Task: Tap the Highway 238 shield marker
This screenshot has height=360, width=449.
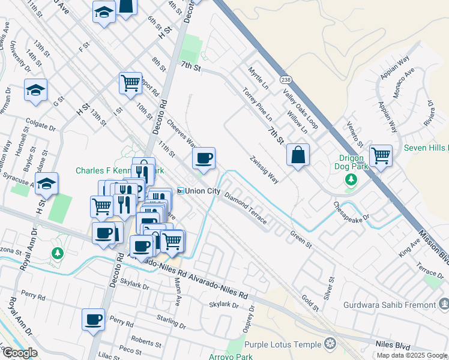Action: click(x=285, y=80)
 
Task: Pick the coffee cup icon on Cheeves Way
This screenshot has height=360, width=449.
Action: click(x=204, y=158)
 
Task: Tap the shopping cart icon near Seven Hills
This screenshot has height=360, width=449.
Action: click(x=381, y=156)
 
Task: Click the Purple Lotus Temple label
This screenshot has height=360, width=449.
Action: click(x=282, y=344)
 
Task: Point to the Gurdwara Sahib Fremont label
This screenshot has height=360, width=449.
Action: click(x=390, y=305)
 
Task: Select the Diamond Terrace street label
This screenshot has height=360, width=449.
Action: click(x=246, y=208)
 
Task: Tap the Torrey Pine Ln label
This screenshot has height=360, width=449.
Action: click(x=257, y=104)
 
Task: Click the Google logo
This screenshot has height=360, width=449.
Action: click(x=19, y=353)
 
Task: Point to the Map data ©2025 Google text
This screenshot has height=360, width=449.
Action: click(x=412, y=355)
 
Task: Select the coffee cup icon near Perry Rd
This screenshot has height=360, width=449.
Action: click(x=93, y=320)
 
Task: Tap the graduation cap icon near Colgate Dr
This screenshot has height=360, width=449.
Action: click(x=35, y=90)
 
